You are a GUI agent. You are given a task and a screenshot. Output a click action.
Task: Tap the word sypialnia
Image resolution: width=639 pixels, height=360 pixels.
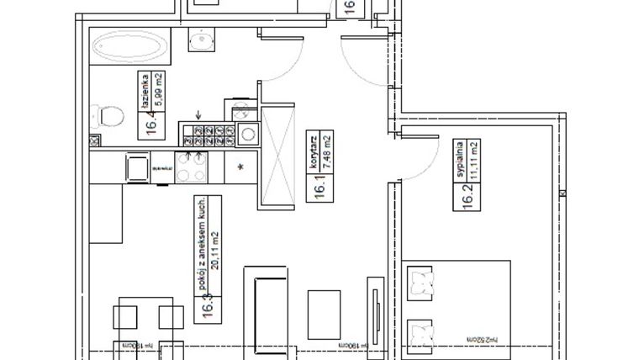point(462,157)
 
